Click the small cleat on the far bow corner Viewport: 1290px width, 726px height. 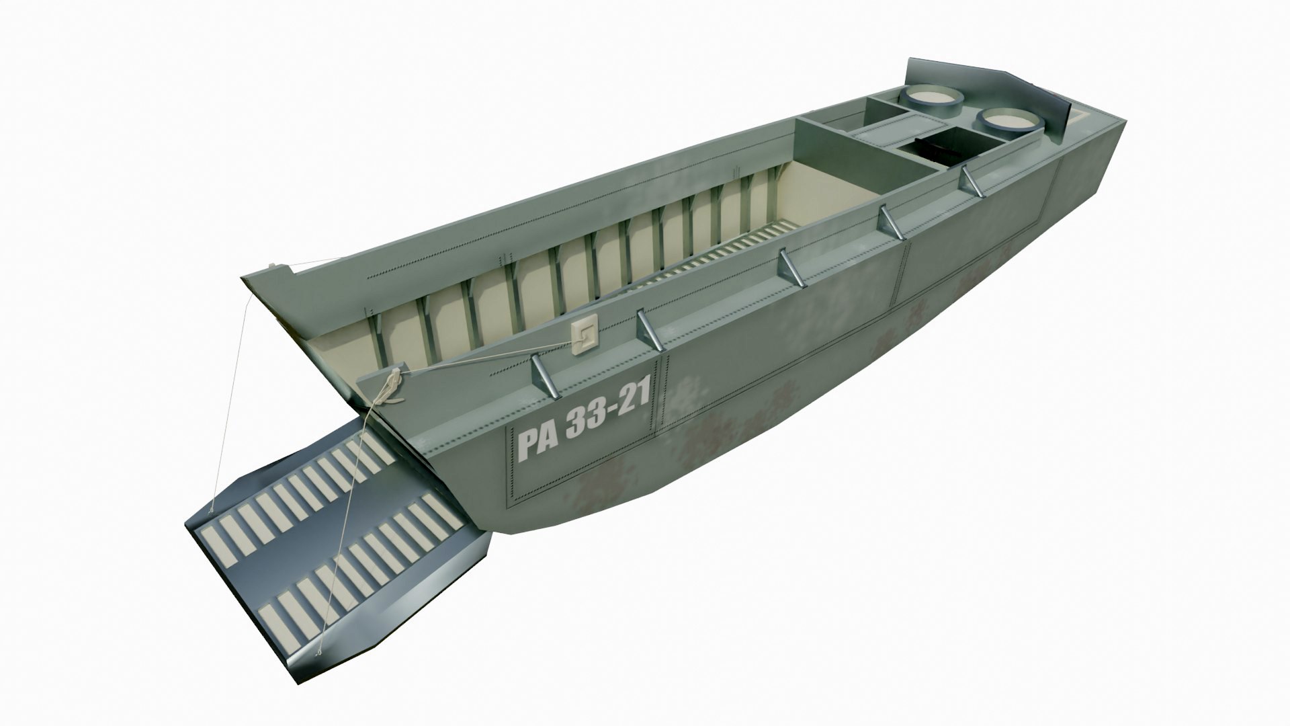(x=272, y=266)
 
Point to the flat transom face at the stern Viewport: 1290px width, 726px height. (x=1088, y=175)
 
